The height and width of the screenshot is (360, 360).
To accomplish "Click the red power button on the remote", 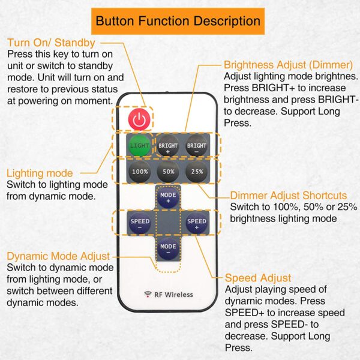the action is click(x=139, y=119).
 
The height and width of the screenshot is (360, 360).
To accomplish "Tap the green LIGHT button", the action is click(x=139, y=146).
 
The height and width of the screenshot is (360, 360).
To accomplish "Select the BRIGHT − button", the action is click(x=197, y=146).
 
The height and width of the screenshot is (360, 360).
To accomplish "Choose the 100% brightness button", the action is click(x=140, y=172).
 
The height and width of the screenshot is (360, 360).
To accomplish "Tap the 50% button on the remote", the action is click(x=168, y=172).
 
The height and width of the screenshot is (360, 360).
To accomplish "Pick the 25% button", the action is click(x=197, y=172).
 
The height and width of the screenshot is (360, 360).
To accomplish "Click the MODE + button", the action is click(x=168, y=197).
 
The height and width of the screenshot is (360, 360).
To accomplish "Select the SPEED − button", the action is click(x=140, y=223).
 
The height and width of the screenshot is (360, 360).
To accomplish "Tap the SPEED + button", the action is click(x=197, y=223).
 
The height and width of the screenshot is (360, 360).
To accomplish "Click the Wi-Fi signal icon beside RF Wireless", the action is click(x=148, y=294).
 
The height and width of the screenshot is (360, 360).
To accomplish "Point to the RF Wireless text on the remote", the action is click(x=173, y=295).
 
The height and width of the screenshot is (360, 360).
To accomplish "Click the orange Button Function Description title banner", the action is click(x=178, y=21).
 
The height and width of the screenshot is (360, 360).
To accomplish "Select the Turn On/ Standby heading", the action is click(x=51, y=43).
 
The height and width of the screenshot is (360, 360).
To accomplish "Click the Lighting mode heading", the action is click(x=40, y=173).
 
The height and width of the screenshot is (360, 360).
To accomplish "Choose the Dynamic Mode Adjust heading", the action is click(x=58, y=256).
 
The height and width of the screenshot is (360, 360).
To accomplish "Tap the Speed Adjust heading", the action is click(x=258, y=278).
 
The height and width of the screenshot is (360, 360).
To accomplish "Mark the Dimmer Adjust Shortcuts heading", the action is click(x=289, y=196).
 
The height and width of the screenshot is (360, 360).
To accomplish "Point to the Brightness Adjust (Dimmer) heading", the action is click(x=288, y=65).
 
